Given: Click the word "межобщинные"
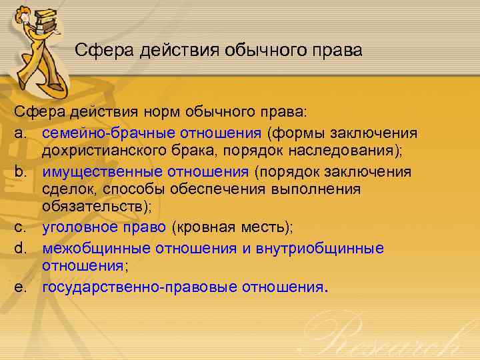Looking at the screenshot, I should (x=97, y=248).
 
